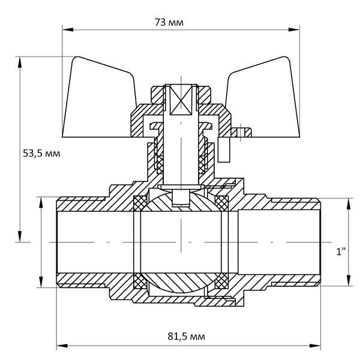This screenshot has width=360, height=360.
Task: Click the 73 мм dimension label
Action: click(169, 23)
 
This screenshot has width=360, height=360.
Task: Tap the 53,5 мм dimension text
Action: click(41, 153)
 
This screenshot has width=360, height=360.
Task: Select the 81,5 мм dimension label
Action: click(186, 336)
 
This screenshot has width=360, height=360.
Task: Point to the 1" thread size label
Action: click(341, 251)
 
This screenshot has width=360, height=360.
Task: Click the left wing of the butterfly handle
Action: click(99, 99)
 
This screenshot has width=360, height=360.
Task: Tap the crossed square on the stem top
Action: click(181, 100)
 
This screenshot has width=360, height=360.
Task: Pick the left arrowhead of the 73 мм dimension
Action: click(68, 29)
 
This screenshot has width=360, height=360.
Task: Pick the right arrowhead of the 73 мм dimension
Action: click(294, 29)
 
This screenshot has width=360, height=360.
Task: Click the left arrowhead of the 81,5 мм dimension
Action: click(62, 346)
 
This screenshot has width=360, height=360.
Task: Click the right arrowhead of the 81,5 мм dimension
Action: click(315, 346)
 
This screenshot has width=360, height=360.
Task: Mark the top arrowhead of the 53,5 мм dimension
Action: click(20, 62)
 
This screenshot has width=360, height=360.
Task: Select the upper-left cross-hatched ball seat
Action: click(140, 203)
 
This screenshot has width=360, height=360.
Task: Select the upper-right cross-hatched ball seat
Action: click(221, 203)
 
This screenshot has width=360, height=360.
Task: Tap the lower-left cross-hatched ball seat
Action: click(140, 281)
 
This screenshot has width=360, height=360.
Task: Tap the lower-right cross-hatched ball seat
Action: click(221, 281)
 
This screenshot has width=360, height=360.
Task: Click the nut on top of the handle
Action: click(181, 95)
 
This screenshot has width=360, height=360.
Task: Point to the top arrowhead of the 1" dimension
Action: click(349, 204)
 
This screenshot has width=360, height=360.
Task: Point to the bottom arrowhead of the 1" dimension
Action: click(349, 280)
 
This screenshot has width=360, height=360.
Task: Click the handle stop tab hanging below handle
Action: click(224, 149)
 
